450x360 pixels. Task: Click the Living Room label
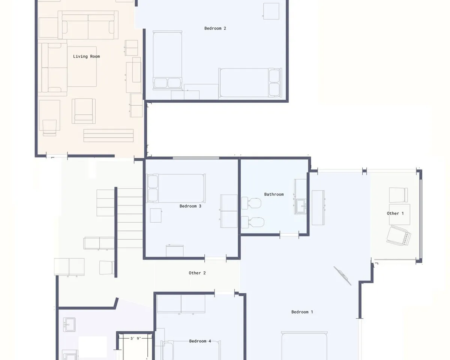(86, 57)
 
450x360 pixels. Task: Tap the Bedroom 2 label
(215, 28)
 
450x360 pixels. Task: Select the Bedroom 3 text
(190, 206)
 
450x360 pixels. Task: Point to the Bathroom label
(274, 194)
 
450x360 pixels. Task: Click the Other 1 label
(395, 213)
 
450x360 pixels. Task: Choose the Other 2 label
(197, 273)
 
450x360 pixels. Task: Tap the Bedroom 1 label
(302, 312)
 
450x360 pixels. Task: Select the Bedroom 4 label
(200, 341)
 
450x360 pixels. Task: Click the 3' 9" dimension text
(135, 339)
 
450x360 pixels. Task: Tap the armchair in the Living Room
(84, 111)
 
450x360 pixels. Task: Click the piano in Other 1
(399, 236)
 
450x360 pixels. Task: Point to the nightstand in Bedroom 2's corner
(271, 11)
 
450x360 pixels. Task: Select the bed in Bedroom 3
(176, 188)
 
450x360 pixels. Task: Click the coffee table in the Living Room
(82, 66)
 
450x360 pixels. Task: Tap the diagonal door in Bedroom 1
(342, 276)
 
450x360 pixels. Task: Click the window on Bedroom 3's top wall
(196, 158)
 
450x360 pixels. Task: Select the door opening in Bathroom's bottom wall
(289, 235)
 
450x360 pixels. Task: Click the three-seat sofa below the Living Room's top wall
(88, 25)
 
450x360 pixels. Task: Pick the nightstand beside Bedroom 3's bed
(156, 216)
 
